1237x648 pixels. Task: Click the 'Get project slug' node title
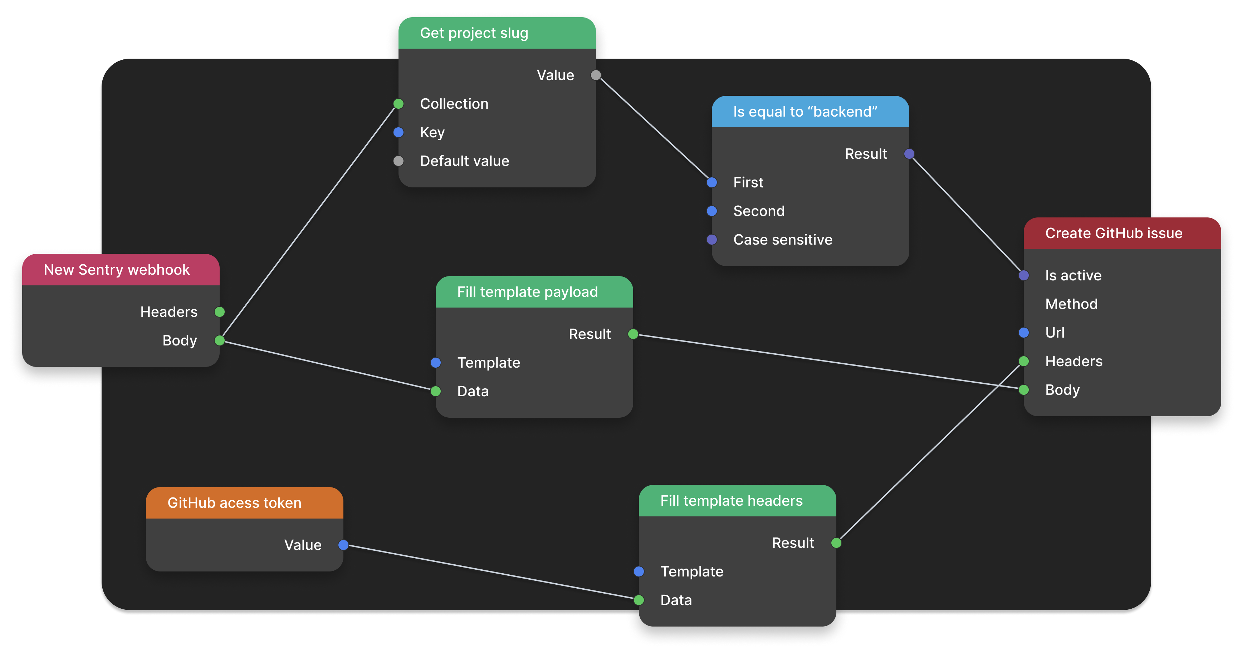click(x=474, y=33)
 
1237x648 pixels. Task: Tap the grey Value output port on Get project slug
click(x=596, y=75)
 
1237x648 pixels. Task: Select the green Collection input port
click(x=398, y=104)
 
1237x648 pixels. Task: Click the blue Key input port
click(x=398, y=132)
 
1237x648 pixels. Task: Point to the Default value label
click(x=464, y=161)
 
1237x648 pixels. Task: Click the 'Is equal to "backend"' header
click(x=805, y=112)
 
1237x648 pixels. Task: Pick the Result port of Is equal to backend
click(x=909, y=154)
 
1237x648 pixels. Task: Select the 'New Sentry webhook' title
click(x=117, y=270)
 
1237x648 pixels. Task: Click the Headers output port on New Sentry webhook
click(x=219, y=312)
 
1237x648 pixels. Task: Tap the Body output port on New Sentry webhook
click(x=219, y=340)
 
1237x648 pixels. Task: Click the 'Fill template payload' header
click(x=527, y=292)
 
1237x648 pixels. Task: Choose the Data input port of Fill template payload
click(x=436, y=391)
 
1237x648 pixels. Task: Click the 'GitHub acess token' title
click(x=234, y=502)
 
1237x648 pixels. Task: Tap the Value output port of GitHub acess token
click(x=343, y=545)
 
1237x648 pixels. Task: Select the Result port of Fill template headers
click(x=836, y=543)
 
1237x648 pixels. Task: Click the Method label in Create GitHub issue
click(x=1071, y=304)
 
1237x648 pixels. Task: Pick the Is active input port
click(x=1023, y=275)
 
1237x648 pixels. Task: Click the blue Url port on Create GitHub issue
click(x=1023, y=333)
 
